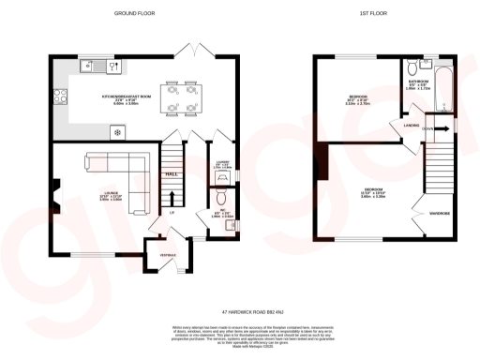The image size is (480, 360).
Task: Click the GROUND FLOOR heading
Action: tap(136, 14)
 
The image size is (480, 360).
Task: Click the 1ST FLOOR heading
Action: tap(371, 14)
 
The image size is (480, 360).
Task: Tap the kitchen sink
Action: tap(92, 66)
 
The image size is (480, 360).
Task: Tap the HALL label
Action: tap(172, 174)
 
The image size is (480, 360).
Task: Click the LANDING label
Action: tap(411, 124)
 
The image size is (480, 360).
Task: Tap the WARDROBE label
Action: tap(440, 213)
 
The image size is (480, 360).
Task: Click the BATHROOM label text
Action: tap(418, 82)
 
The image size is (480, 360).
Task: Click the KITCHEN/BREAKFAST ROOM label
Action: tap(125, 96)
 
